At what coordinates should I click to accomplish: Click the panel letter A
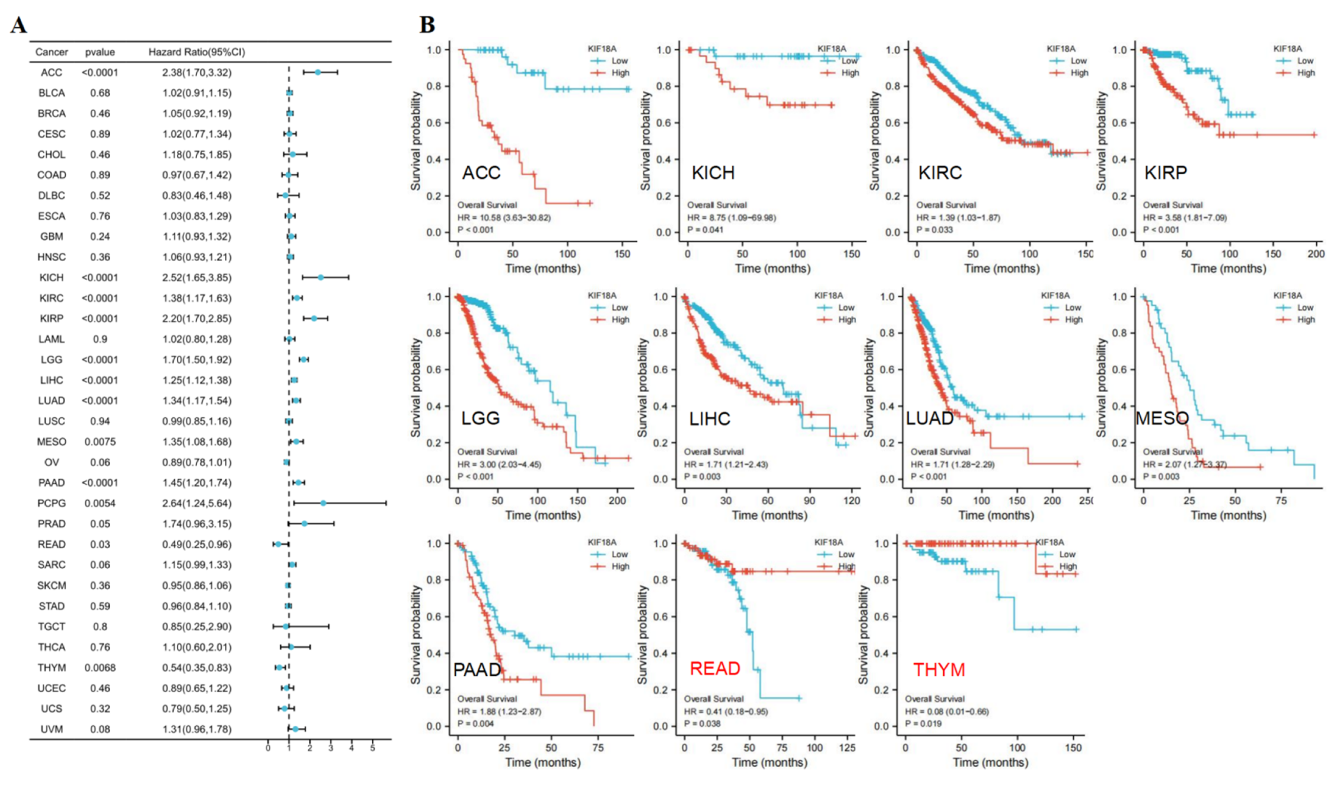pos(19,25)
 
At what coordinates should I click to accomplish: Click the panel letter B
pos(427,25)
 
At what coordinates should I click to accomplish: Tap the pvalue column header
pos(100,52)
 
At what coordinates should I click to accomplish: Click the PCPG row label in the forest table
pos(51,503)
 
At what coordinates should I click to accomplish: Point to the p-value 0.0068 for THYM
pos(100,668)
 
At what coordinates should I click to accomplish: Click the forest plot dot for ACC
pos(317,72)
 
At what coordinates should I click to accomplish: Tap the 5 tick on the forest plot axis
pos(373,748)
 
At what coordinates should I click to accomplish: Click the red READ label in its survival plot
pos(715,669)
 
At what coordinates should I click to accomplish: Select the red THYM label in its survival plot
pos(939,670)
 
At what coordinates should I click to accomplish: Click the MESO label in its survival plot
pos(1162,418)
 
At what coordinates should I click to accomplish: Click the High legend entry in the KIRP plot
pos(1306,73)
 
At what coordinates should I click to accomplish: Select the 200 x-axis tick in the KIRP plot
pos(1316,254)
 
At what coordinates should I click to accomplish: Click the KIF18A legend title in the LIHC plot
pos(828,295)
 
